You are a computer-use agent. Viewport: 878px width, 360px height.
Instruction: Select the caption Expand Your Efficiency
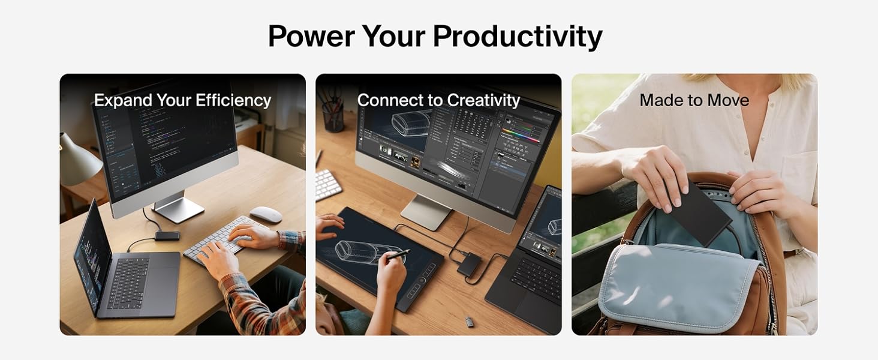tap(182, 100)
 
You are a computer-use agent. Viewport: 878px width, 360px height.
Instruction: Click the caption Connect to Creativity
tap(438, 100)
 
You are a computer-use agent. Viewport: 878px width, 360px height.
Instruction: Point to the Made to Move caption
tap(694, 100)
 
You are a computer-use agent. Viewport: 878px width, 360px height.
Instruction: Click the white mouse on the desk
tap(266, 214)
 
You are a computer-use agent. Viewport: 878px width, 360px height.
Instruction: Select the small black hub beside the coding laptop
tap(167, 235)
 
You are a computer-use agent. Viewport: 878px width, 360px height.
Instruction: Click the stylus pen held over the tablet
tap(397, 254)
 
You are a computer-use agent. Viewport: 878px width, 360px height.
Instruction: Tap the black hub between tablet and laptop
tap(469, 264)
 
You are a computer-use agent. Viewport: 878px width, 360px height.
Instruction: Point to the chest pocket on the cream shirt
tap(798, 174)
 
